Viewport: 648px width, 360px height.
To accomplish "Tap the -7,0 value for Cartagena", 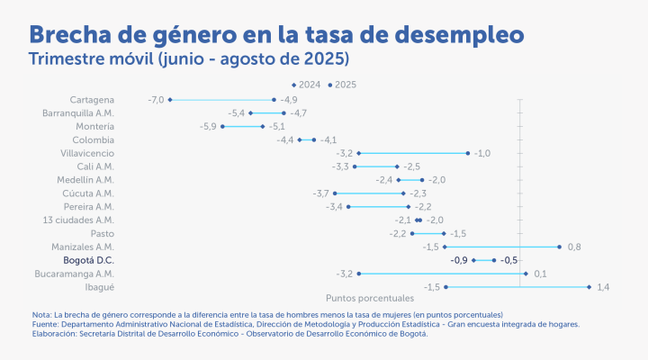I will click(x=156, y=99).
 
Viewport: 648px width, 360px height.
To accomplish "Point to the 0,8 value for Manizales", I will click(x=573, y=247).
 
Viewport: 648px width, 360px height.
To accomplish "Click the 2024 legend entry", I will click(x=307, y=85).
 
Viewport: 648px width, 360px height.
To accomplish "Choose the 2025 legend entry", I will click(x=344, y=85).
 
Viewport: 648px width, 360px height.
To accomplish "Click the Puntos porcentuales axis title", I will click(x=368, y=298).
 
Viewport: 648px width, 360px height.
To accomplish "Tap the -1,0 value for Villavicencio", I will click(x=482, y=153).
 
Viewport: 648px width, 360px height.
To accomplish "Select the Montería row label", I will click(x=94, y=126).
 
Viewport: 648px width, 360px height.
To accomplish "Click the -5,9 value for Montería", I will click(x=208, y=126).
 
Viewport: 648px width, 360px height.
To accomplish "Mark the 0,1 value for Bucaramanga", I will click(x=540, y=274).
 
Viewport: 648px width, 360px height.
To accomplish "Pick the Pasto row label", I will click(x=103, y=233).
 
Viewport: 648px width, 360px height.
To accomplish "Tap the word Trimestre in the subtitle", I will click(x=65, y=60).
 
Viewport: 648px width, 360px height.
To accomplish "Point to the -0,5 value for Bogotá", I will click(x=509, y=260).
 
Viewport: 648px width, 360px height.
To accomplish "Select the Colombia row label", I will click(x=94, y=139).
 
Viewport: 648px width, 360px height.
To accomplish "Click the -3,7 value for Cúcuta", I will click(x=320, y=193).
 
